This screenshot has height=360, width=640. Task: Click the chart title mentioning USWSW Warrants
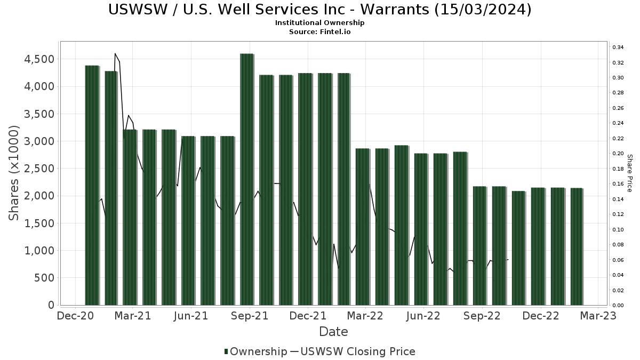point(319,10)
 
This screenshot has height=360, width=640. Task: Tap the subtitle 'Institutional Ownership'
point(319,23)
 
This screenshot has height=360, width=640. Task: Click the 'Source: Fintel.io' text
point(319,31)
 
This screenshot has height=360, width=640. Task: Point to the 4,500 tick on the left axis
point(40,59)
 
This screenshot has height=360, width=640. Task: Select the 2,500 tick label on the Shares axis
point(40,169)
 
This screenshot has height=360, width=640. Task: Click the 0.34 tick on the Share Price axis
point(618,47)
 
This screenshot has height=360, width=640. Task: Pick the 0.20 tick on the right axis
point(618,154)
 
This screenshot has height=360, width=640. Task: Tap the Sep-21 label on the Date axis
point(250,316)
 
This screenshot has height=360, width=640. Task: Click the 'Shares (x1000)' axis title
point(14,173)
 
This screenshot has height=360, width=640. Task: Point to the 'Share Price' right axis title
point(629,173)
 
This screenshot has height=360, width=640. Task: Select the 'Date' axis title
point(333,332)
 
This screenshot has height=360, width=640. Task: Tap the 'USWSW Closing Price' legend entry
point(357,351)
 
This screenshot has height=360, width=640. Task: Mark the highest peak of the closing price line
point(115,53)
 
